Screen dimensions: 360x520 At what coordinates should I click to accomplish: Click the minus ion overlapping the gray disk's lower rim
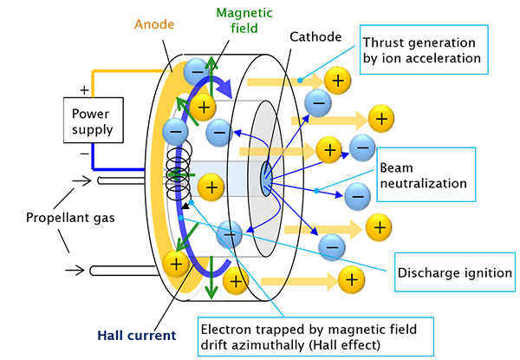point(230,232)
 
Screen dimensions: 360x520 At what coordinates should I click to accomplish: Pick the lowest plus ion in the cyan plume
point(350,278)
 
